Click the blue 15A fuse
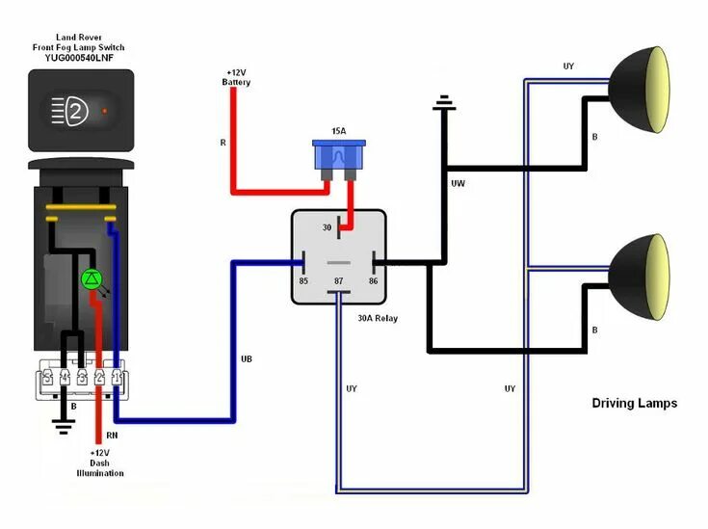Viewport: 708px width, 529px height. pos(339,157)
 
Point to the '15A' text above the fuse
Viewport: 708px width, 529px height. pos(339,130)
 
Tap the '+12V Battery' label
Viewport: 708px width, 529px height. pos(236,78)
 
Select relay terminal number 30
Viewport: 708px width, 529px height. pos(327,228)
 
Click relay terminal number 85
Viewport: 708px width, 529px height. pos(303,281)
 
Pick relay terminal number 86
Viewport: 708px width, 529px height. pos(372,281)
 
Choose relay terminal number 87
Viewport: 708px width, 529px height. pos(338,281)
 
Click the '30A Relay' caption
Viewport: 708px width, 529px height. pos(377,318)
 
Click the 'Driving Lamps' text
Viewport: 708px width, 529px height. pos(634,403)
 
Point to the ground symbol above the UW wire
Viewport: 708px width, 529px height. pos(443,101)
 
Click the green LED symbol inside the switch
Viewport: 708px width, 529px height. pos(92,279)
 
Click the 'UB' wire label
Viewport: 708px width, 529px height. pos(247,359)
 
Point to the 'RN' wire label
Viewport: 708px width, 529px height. pos(112,436)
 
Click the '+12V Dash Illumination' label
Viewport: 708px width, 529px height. pos(100,463)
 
